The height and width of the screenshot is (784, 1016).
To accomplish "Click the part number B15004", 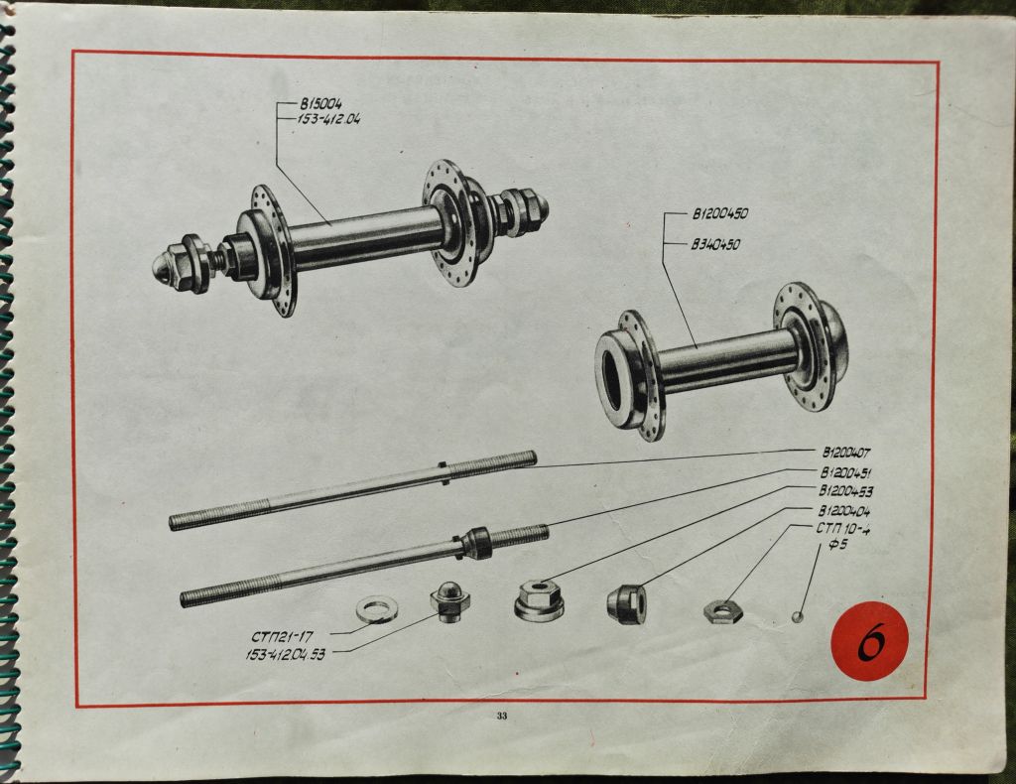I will coord(319,103).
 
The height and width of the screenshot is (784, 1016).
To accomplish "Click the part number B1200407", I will coord(845,454).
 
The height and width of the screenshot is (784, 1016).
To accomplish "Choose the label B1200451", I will coord(845,472).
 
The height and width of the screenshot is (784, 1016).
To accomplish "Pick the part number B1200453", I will coord(845,491).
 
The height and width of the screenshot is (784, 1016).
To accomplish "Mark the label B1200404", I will coord(845,510).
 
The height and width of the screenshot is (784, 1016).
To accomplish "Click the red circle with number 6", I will coord(869,642).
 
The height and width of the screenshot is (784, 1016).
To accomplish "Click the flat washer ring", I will coord(377,607).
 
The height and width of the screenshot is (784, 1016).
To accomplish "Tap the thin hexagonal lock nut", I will coord(722,610).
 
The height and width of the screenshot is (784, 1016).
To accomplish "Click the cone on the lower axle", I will coord(478,544).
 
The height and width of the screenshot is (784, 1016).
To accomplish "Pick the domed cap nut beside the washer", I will coord(449,600).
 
